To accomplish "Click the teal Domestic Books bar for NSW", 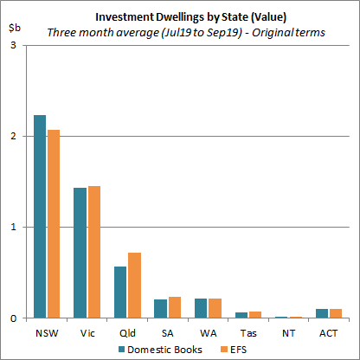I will pyautogui.click(x=40, y=216).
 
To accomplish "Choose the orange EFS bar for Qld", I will pyautogui.click(x=133, y=286).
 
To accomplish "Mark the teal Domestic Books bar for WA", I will pyautogui.click(x=201, y=309).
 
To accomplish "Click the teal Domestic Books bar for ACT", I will pyautogui.click(x=322, y=313).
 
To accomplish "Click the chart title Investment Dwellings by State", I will pyautogui.click(x=180, y=16).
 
